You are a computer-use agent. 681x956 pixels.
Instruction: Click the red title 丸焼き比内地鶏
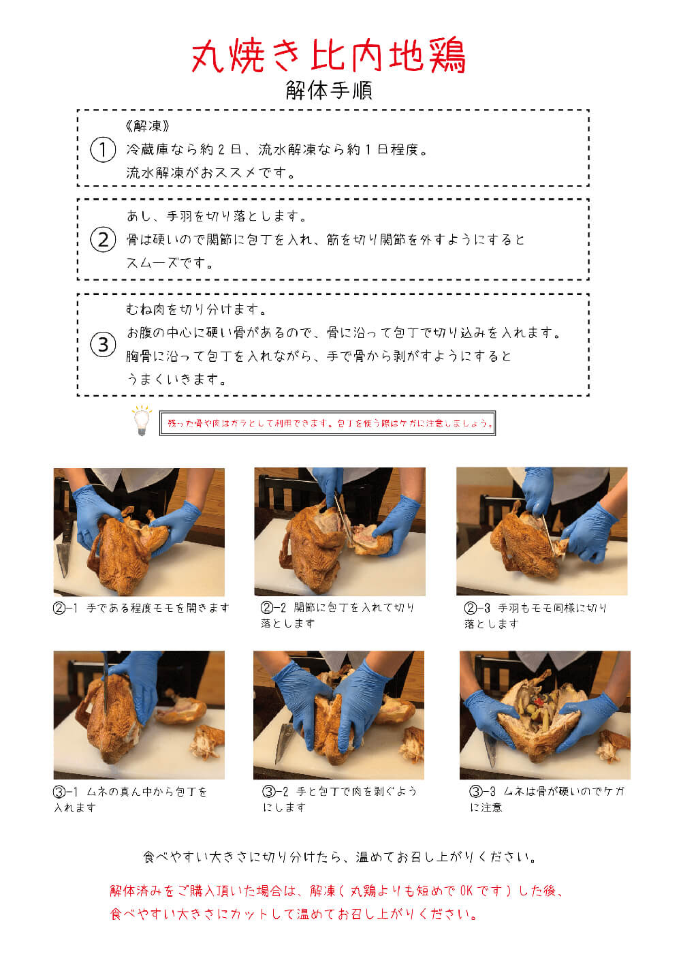(x=328, y=55)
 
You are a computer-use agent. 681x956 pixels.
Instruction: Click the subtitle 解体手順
(x=329, y=90)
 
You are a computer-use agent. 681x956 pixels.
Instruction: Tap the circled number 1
(x=103, y=149)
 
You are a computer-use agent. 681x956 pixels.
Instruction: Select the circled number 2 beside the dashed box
(x=103, y=239)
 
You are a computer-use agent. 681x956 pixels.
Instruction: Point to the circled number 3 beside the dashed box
(x=103, y=344)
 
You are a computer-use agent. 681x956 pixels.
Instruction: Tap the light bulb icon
(x=141, y=421)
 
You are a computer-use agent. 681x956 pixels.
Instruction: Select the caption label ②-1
(x=65, y=608)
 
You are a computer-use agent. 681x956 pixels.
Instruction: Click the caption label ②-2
(x=273, y=607)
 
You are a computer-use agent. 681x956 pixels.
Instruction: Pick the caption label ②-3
(x=477, y=607)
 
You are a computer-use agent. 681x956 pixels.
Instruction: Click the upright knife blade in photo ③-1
(x=105, y=687)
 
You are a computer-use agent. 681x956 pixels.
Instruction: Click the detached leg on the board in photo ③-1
(x=181, y=710)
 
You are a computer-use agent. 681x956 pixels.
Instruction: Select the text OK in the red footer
(x=466, y=891)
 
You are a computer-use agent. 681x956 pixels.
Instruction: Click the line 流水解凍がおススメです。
(x=210, y=173)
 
